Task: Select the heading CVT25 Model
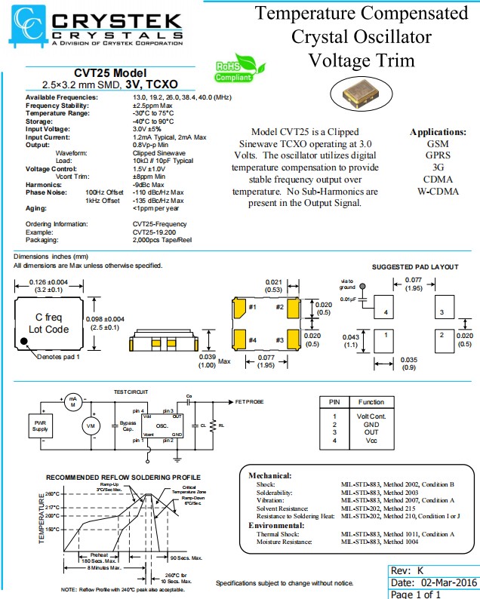point(109,73)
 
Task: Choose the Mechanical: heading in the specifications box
point(269,475)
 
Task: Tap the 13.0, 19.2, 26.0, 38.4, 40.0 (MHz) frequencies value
point(182,98)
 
